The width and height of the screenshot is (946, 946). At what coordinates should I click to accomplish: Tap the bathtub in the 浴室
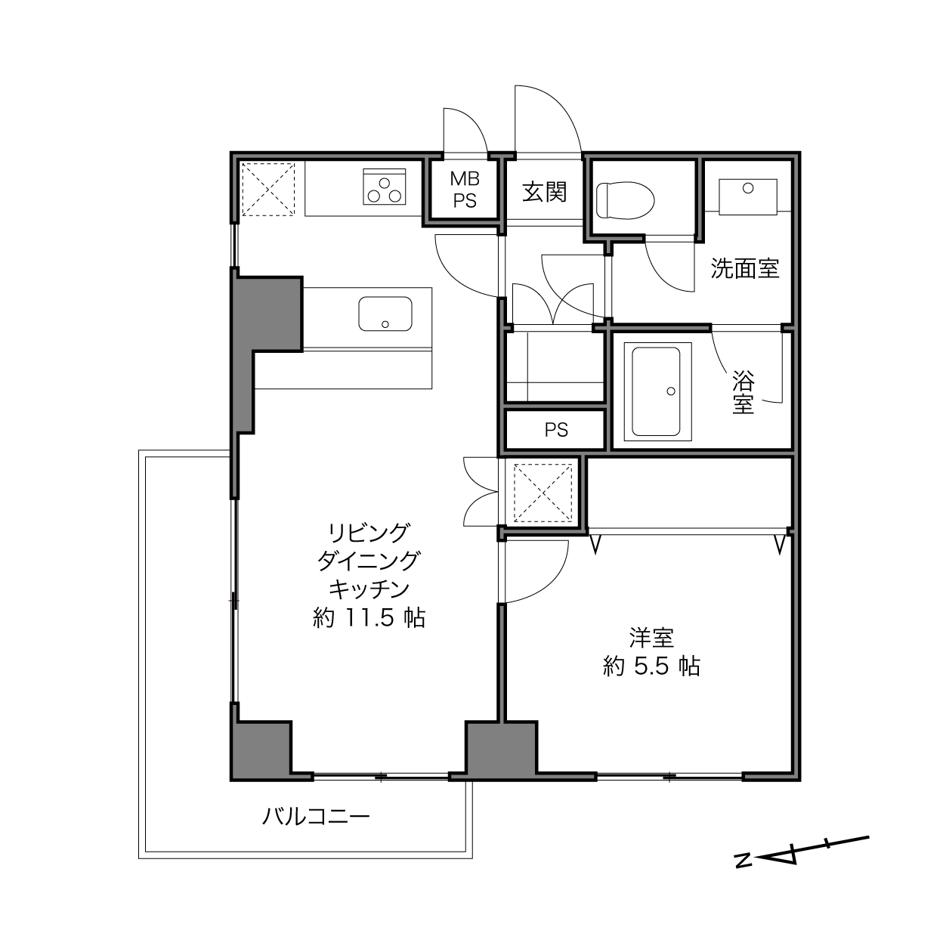[x=657, y=391]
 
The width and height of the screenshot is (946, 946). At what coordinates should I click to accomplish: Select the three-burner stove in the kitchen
[x=385, y=187]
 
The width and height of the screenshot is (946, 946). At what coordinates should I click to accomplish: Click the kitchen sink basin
[x=385, y=314]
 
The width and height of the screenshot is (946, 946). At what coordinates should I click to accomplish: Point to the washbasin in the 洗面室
[x=748, y=196]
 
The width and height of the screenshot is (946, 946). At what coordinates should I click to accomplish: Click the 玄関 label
[x=545, y=191]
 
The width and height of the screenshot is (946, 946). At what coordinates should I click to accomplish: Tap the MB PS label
[x=465, y=190]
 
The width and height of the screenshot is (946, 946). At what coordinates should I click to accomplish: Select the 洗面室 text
[x=745, y=268]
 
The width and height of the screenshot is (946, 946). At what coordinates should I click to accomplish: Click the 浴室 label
[x=744, y=391]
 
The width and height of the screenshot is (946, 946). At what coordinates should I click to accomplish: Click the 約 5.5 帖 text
[x=651, y=666]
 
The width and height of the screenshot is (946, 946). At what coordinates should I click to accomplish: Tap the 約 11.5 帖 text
[x=369, y=617]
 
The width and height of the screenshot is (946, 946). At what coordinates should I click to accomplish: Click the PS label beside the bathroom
[x=556, y=430]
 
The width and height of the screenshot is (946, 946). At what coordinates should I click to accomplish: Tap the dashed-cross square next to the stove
[x=268, y=190]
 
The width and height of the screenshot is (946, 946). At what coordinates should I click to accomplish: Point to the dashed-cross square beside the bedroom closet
[x=543, y=493]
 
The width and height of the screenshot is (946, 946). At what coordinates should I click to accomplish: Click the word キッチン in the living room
[x=369, y=589]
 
